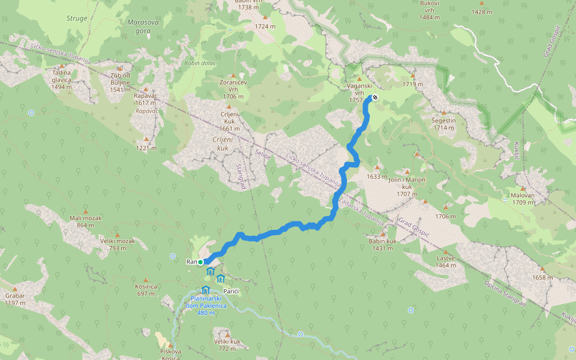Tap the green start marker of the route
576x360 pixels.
pos(200,262)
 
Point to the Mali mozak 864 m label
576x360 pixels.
pos(86,221)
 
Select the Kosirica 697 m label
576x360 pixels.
pos(146,290)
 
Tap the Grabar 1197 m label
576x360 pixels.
pos(14,299)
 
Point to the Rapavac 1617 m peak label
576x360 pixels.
pos(146,99)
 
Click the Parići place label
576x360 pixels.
pos(231,290)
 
